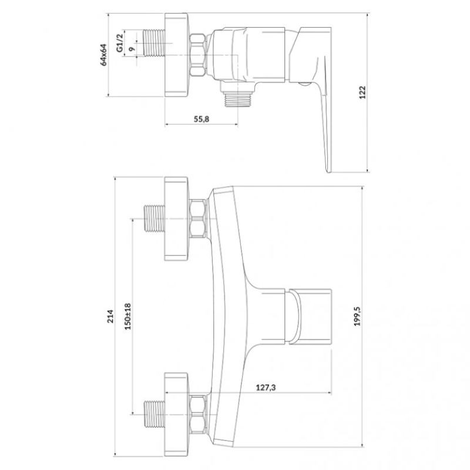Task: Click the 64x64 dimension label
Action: click(x=103, y=55)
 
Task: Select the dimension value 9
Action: click(x=132, y=49)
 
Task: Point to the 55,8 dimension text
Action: click(x=202, y=119)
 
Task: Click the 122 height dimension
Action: click(x=362, y=92)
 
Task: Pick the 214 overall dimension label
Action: click(x=110, y=316)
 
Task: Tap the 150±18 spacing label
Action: click(x=128, y=316)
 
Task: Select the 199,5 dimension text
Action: click(x=358, y=316)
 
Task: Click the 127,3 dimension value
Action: click(x=266, y=388)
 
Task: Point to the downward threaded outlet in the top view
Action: click(x=237, y=99)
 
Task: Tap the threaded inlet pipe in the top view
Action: click(x=155, y=43)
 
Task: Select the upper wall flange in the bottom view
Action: click(x=176, y=219)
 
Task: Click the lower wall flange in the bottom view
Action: click(x=176, y=415)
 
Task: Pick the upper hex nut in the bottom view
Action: click(x=198, y=219)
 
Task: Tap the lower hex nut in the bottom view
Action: click(x=198, y=415)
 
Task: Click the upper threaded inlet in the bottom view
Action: click(x=155, y=219)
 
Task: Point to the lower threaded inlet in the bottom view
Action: click(x=155, y=415)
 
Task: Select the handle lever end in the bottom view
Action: click(x=310, y=316)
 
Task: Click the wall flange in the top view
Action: click(x=176, y=55)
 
